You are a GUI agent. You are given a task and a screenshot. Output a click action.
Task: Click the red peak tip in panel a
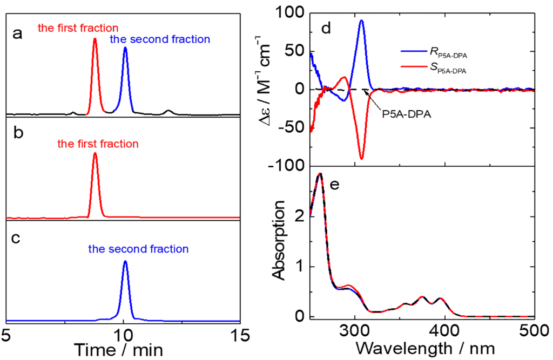tap(95, 39)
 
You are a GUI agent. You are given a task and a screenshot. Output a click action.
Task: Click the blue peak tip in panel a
tap(125, 47)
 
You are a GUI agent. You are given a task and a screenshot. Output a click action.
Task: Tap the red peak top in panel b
tap(95, 153)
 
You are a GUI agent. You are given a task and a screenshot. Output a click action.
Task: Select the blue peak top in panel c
tap(125, 261)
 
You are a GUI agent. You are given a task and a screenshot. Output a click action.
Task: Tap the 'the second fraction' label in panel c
tap(138, 249)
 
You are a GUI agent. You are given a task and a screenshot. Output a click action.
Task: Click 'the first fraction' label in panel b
tap(98, 144)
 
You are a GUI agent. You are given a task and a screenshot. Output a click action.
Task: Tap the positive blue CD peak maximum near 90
tap(361, 21)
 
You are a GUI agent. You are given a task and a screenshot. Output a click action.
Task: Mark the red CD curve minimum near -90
tap(361, 159)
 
